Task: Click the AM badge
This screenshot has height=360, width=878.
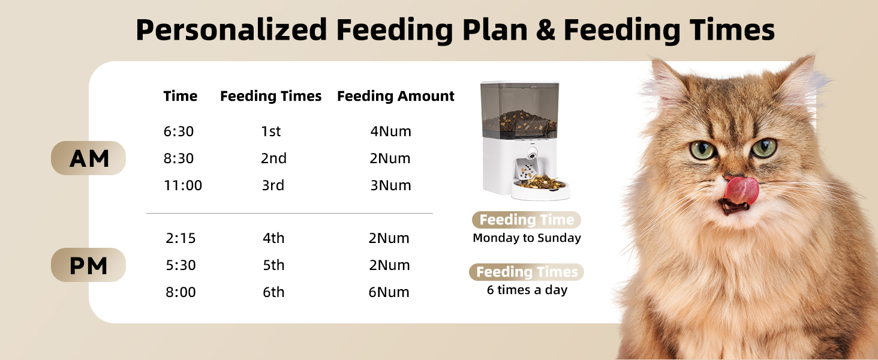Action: [89, 158]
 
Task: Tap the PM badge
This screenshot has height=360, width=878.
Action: [89, 265]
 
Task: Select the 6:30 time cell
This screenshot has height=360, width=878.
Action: [179, 131]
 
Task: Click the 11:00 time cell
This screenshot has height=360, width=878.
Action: [183, 185]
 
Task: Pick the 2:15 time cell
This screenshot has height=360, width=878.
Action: [181, 238]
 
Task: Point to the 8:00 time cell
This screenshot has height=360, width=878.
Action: [181, 292]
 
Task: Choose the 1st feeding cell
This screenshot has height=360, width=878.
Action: [271, 131]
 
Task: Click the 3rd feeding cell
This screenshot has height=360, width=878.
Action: [273, 185]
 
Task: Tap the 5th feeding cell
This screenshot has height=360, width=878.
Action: [273, 265]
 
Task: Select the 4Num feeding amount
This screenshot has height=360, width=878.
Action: [390, 131]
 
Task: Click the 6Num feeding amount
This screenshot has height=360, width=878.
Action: [389, 292]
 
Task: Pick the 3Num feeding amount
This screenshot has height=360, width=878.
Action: [390, 185]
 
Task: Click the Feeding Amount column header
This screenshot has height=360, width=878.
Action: [396, 96]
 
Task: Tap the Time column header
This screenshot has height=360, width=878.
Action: [181, 96]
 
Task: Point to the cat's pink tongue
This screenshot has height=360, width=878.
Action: [741, 190]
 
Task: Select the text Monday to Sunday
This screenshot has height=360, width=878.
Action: [527, 238]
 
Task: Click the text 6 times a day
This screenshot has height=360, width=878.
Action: [527, 290]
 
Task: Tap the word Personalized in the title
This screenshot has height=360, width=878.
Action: [231, 30]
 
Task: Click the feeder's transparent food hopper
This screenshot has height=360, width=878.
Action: [520, 108]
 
